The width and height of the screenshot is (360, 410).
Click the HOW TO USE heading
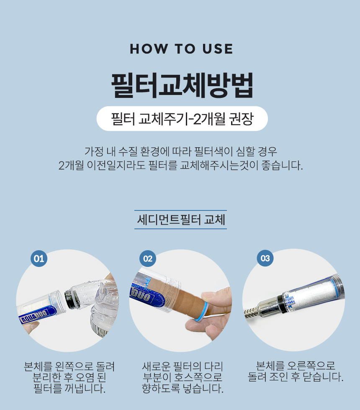[181, 49]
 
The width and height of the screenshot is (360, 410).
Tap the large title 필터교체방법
[183, 85]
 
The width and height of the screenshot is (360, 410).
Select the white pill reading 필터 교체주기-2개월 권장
[182, 118]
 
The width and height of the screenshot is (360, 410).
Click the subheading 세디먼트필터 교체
[181, 219]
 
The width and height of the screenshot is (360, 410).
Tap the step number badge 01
[39, 259]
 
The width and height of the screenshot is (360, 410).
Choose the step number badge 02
[147, 259]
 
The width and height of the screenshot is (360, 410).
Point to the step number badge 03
[265, 259]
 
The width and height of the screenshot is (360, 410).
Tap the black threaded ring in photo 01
[71, 298]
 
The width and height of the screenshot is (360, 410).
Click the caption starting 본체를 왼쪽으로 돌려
[69, 377]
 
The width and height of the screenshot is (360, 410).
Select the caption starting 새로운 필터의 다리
[183, 377]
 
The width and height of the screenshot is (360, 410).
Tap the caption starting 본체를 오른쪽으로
[296, 372]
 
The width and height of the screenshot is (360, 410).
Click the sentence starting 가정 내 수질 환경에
[180, 151]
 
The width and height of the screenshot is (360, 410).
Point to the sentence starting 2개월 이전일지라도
[180, 165]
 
